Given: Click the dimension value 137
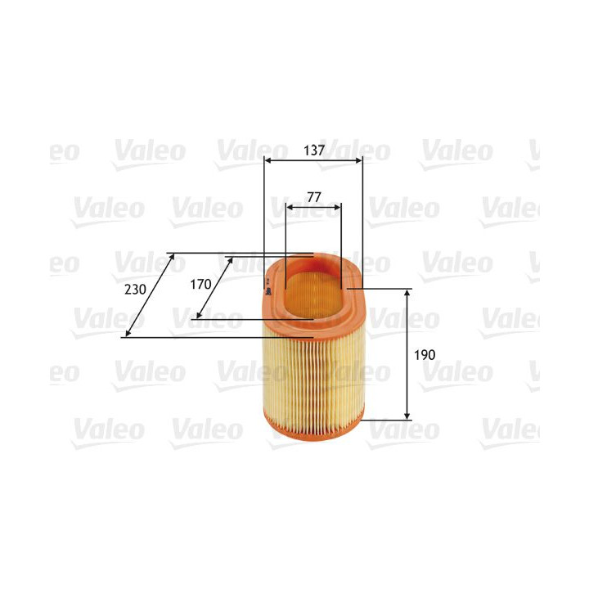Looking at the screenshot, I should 313,151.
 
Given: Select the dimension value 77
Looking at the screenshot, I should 313,197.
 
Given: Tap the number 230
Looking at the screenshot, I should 136,290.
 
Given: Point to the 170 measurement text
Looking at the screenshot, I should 201,285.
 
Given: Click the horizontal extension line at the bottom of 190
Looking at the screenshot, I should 384,420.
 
